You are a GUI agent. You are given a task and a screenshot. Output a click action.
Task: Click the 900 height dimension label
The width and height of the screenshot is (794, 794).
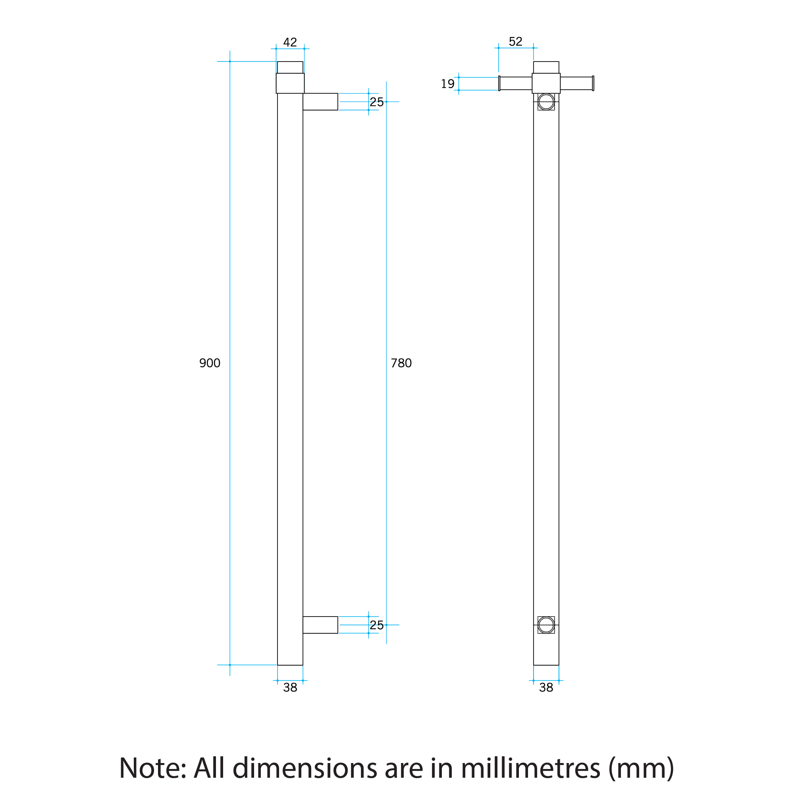coord(210,363)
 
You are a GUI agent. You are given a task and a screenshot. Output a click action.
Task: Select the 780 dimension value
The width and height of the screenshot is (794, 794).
coord(401,363)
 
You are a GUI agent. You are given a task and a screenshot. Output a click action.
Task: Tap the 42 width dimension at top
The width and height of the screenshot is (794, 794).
coord(290,42)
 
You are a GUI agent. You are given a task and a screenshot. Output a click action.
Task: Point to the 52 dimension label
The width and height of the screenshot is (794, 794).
coord(515,42)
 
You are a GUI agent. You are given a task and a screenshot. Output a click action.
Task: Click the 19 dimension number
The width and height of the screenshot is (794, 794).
coord(447,84)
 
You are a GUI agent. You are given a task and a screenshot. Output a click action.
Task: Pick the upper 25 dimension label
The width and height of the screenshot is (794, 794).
coord(376,102)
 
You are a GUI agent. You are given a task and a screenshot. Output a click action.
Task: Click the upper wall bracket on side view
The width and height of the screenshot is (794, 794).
coord(320,102)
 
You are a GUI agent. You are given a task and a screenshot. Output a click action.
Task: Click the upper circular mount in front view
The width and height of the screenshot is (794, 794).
coord(546,102)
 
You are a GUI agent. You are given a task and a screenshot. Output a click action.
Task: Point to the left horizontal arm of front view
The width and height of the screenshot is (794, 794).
coord(515,83)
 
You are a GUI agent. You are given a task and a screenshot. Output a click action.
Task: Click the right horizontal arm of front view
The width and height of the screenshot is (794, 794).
coord(576,83)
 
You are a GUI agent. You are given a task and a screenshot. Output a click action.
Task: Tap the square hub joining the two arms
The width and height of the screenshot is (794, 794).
coord(546,83)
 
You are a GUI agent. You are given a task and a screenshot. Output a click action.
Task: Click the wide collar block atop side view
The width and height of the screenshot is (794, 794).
coord(290,83)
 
